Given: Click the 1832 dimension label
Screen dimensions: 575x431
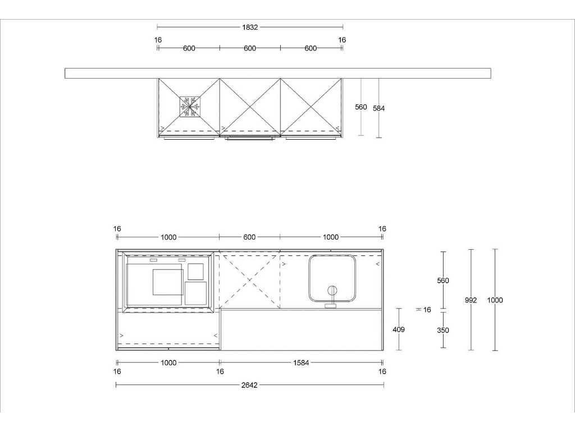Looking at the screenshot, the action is (250, 27).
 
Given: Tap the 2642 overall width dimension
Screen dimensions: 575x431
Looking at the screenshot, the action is (249, 385).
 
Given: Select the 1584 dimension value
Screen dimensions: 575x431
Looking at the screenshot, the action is (301, 363).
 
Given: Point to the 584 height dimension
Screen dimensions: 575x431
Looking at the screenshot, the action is (379, 108).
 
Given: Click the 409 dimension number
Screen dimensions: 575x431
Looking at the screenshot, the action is (399, 329).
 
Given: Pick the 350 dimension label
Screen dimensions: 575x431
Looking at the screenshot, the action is (443, 331).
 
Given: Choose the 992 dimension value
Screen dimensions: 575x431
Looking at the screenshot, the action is (471, 300).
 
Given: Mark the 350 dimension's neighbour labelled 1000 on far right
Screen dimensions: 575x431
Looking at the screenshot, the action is (495, 300).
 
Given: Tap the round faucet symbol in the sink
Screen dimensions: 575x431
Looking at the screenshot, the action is (332, 290).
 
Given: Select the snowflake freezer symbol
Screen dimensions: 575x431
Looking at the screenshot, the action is (190, 107).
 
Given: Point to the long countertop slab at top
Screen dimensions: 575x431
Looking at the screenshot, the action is (278, 73).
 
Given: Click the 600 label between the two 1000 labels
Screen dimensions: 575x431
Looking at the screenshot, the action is (249, 237).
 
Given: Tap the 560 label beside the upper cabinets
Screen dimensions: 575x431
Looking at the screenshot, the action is (361, 107).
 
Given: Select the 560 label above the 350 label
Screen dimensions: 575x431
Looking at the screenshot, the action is (443, 281).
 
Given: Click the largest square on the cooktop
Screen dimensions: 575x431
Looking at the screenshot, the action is (167, 282).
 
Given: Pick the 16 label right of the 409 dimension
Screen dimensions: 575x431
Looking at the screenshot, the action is (427, 310).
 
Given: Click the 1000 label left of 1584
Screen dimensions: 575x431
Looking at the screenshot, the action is (168, 363).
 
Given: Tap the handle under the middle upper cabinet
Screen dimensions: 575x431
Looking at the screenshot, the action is (250, 138).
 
